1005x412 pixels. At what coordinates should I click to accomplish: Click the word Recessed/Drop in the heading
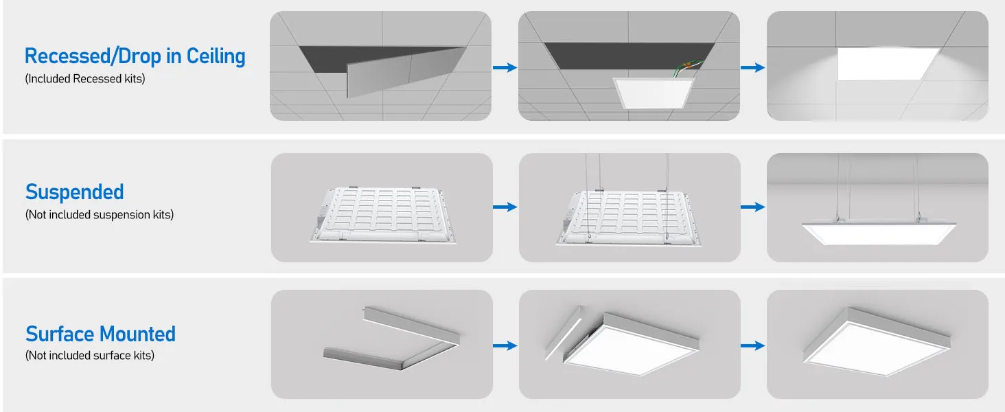click(x=93, y=56)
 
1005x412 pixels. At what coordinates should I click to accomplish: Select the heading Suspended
click(x=74, y=192)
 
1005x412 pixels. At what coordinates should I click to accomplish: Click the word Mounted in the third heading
click(x=137, y=334)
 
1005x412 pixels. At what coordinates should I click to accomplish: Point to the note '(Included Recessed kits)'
click(x=85, y=78)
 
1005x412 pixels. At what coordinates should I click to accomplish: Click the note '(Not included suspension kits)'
click(x=100, y=214)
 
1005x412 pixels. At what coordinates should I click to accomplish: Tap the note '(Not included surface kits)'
click(x=90, y=356)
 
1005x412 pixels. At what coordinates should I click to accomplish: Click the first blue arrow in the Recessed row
click(x=505, y=68)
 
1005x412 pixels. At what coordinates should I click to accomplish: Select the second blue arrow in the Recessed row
click(x=753, y=68)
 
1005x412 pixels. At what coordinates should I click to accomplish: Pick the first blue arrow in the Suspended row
click(x=505, y=207)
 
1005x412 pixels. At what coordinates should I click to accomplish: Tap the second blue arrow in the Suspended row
click(x=753, y=207)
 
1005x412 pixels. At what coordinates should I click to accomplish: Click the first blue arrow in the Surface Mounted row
click(x=505, y=345)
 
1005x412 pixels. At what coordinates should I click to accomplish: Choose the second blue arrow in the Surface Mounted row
click(x=753, y=345)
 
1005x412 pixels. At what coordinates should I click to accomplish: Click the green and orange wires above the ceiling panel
click(x=686, y=67)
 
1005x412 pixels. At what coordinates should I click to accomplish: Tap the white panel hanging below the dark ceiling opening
click(x=654, y=93)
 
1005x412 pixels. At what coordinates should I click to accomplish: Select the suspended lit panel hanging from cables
click(x=879, y=233)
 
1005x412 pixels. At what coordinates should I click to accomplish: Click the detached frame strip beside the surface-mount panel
click(x=564, y=333)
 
